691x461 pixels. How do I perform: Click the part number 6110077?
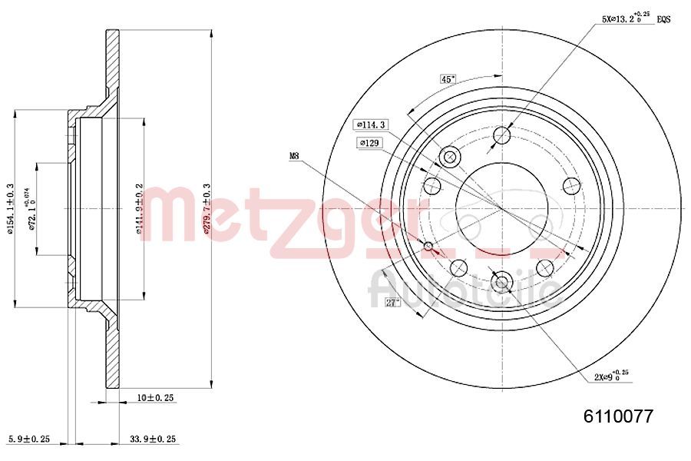618,416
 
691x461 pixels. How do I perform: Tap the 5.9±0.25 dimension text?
28,439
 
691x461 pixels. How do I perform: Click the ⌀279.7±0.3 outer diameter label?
205,207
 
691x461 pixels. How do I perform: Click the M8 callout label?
294,156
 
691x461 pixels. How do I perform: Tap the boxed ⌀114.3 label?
371,124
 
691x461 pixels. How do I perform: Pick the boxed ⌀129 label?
369,143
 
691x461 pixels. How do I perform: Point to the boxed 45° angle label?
448,79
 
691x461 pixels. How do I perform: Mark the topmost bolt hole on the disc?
502,136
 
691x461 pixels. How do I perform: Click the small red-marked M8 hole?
429,246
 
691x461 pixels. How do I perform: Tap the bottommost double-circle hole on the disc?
502,282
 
